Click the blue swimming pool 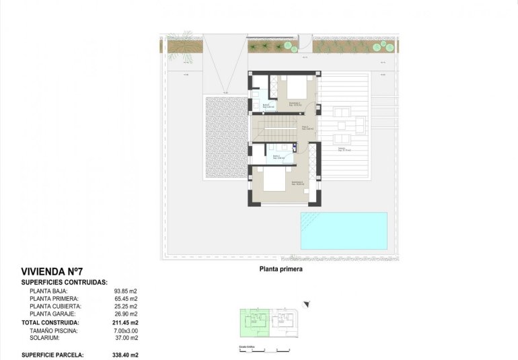pyautogui.click(x=344, y=230)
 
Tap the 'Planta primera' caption pyautogui.click(x=281, y=268)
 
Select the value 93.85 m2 pyautogui.click(x=125, y=291)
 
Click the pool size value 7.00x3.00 pyautogui.click(x=125, y=331)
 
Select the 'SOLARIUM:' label pyautogui.click(x=45, y=338)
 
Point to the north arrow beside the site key pyautogui.click(x=307, y=305)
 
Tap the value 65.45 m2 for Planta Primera pyautogui.click(x=125, y=299)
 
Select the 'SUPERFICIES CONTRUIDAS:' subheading pyautogui.click(x=65, y=283)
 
